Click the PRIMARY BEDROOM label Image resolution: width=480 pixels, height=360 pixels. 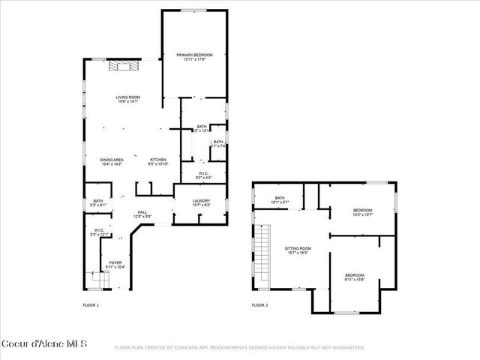click(195, 55)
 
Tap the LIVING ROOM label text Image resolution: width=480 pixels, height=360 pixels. click(128, 97)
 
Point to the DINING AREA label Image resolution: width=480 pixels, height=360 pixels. click(111, 159)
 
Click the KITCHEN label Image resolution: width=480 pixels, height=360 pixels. click(158, 159)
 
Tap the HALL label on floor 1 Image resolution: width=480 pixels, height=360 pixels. click(142, 212)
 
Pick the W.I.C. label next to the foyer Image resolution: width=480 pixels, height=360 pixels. click(99, 230)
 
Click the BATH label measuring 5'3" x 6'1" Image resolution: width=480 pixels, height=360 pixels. click(98, 200)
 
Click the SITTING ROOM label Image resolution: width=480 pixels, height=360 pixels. click(298, 247)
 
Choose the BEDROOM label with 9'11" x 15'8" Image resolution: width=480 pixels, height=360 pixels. click(355, 275)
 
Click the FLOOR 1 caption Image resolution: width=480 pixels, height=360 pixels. click(90, 305)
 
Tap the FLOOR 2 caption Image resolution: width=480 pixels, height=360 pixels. click(259, 305)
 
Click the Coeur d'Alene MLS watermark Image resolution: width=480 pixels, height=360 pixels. click(44, 344)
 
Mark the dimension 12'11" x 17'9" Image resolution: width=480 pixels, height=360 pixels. click(195, 59)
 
